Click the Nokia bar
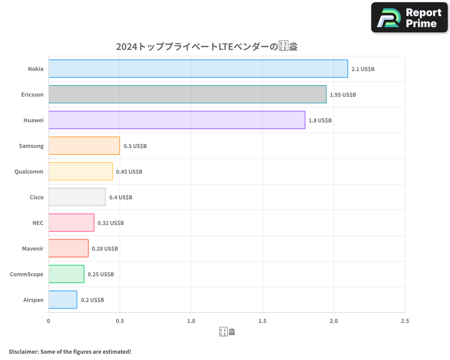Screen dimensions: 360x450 (198, 69)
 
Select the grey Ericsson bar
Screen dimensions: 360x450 (187, 94)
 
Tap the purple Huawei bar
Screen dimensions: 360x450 (176, 120)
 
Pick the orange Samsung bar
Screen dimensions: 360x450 (84, 146)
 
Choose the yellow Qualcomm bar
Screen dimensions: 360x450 (81, 171)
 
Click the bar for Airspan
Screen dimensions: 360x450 (63, 300)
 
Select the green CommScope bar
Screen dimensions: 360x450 (66, 274)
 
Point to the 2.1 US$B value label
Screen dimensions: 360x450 (363, 69)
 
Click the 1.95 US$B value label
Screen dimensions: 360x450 (343, 95)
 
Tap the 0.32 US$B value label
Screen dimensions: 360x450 (111, 223)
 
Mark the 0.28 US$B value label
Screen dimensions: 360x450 (105, 248)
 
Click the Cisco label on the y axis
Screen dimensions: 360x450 (36, 197)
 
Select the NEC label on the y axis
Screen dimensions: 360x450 (38, 223)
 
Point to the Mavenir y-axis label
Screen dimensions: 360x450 (33, 248)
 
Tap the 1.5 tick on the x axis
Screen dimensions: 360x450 (262, 321)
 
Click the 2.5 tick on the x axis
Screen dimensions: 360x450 (405, 321)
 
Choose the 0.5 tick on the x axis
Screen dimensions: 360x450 (120, 321)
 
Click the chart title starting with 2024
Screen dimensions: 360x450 (207, 46)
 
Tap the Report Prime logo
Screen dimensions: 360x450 (409, 18)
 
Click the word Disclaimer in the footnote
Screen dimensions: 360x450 (23, 351)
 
